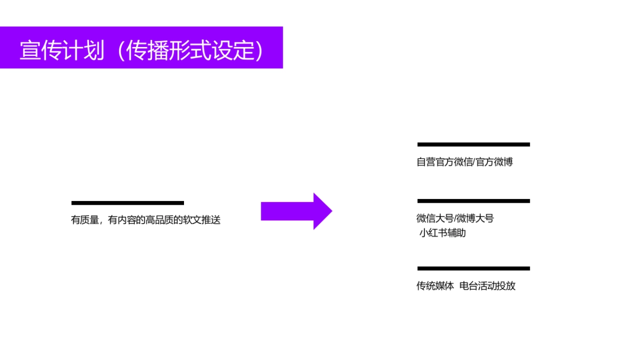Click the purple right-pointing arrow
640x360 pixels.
click(x=297, y=211)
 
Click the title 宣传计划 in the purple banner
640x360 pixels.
click(x=62, y=50)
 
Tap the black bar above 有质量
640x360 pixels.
click(x=127, y=203)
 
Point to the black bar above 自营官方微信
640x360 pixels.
click(x=474, y=144)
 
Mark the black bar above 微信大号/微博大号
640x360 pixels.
click(x=474, y=201)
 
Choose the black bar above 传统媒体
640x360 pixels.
click(x=474, y=268)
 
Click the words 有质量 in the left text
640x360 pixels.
click(x=85, y=220)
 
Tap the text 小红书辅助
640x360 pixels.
click(x=443, y=233)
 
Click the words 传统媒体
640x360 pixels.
click(x=435, y=286)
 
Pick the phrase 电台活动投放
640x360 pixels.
click(x=487, y=286)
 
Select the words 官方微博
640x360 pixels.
click(x=494, y=162)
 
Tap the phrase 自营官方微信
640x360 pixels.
click(x=445, y=162)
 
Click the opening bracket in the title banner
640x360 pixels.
click(x=121, y=50)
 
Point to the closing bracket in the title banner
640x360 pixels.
click(x=259, y=50)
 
